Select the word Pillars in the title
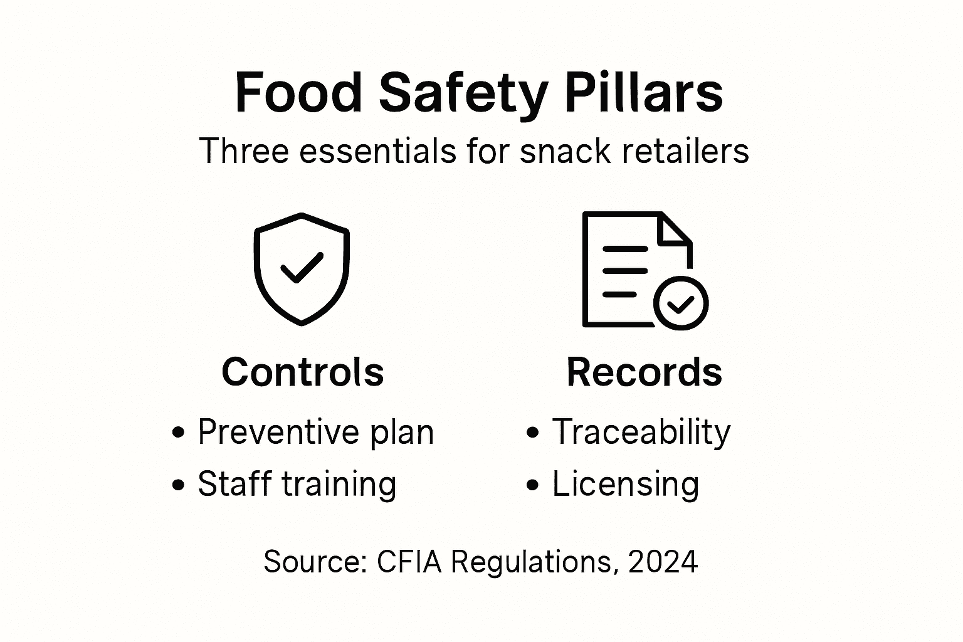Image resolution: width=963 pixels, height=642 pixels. pyautogui.click(x=644, y=93)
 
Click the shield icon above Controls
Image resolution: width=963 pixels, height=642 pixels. pyautogui.click(x=302, y=269)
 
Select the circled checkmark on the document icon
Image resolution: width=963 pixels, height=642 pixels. pyautogui.click(x=680, y=303)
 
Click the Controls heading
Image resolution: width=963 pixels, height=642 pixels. pyautogui.click(x=302, y=372)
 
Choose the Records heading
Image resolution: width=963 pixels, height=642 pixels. pyautogui.click(x=644, y=372)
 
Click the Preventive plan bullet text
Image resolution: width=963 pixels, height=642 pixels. pyautogui.click(x=315, y=432)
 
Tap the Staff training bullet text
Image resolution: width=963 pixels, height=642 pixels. pyautogui.click(x=297, y=484)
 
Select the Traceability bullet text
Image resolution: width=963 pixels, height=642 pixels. pyautogui.click(x=641, y=432)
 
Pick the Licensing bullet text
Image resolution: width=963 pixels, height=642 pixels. pyautogui.click(x=625, y=484)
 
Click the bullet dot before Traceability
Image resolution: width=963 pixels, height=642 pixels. pyautogui.click(x=533, y=432)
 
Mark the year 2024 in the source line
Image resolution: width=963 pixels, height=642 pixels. pyautogui.click(x=663, y=561)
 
